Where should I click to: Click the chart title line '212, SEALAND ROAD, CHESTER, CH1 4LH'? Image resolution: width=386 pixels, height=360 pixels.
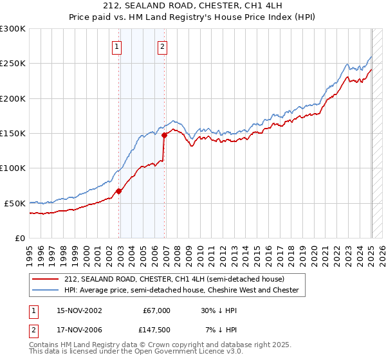[x=193, y=6]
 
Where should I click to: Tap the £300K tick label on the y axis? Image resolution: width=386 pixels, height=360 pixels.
[x=13, y=29]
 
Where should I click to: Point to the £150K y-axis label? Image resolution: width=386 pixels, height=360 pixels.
[x=13, y=133]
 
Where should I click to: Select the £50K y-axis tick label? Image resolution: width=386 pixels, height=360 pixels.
[x=15, y=203]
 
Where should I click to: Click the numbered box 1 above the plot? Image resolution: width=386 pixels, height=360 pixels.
[x=116, y=46]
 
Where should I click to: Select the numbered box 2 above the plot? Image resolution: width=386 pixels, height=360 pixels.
[x=162, y=46]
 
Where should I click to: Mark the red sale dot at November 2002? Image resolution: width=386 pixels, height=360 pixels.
[x=119, y=191]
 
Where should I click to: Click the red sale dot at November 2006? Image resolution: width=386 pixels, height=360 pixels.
[x=165, y=135]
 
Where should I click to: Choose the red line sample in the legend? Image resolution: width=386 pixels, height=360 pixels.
[x=46, y=279]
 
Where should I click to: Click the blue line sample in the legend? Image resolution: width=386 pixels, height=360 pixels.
[x=46, y=291]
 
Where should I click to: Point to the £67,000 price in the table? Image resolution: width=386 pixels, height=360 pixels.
[x=156, y=310]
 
